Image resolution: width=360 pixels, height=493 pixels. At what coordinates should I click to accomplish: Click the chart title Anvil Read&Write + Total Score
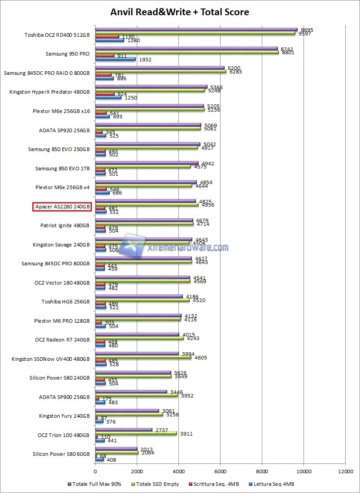pos(180,12)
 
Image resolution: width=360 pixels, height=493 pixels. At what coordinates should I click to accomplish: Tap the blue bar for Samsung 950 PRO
pos(115,59)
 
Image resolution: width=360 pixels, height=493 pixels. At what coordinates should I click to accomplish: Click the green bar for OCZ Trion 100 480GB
pos(136,433)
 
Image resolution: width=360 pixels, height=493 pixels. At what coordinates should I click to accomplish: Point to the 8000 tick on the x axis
pos(262,471)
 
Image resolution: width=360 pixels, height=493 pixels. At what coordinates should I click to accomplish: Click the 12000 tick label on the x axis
pos(345,471)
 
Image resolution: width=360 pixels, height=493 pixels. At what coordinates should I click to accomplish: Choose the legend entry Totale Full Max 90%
pos(94,484)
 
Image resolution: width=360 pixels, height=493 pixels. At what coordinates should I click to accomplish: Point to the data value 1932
pos(144,59)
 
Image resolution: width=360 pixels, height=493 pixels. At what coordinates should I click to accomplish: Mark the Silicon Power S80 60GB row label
pos(61,454)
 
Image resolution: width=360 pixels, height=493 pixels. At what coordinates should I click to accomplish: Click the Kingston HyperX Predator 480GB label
pos(49,92)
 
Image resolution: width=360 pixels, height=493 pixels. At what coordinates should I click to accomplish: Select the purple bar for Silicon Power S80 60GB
pos(116,449)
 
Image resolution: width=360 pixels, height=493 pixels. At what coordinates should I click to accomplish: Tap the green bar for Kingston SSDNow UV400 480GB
pos(143,357)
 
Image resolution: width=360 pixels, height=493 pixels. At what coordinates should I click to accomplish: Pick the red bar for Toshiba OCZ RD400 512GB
pos(107,37)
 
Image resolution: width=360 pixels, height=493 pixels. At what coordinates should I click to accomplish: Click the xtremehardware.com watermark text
pos(187,247)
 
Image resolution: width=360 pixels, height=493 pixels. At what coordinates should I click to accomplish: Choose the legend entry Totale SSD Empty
pos(158,484)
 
